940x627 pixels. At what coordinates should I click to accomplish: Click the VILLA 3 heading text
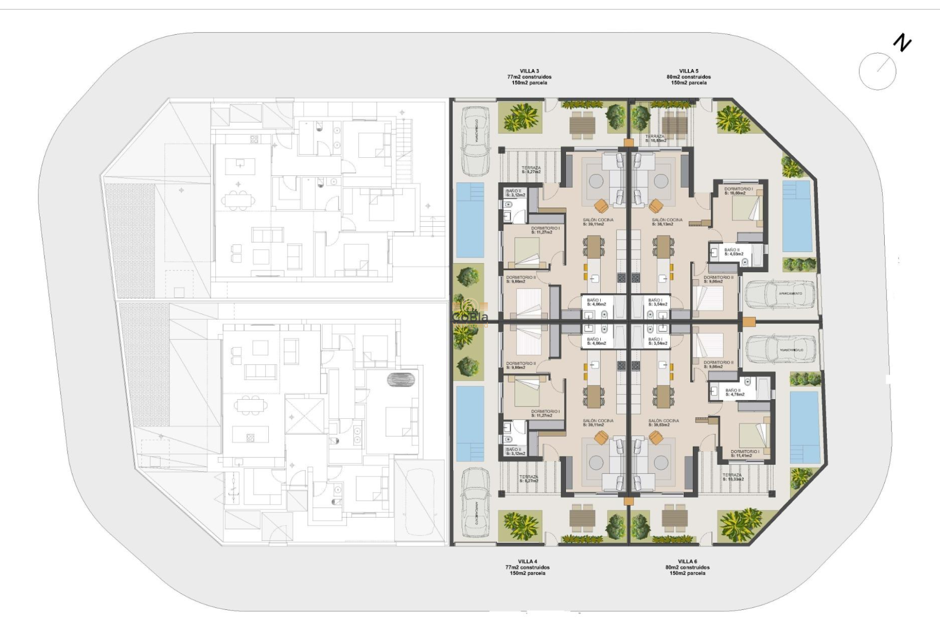529,71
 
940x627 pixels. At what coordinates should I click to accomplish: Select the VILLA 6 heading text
687,561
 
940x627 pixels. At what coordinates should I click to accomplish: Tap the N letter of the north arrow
902,43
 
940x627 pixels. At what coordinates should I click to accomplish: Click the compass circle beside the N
877,71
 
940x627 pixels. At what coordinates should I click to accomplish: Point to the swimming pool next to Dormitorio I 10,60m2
797,216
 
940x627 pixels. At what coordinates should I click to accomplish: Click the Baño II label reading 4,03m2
733,252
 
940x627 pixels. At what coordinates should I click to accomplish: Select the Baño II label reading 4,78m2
734,392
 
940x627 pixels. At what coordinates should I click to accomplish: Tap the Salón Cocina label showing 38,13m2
667,222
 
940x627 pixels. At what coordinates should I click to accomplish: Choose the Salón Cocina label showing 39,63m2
663,423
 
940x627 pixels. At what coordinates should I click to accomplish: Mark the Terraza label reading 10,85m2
656,139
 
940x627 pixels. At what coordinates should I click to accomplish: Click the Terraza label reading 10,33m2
733,477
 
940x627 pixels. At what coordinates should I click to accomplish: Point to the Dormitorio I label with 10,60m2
738,191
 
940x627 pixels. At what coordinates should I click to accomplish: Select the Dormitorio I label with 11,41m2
745,454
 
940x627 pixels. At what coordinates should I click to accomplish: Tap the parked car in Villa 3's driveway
475,141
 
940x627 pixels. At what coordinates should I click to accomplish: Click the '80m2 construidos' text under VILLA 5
688,77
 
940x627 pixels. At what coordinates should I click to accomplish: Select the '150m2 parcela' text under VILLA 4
527,573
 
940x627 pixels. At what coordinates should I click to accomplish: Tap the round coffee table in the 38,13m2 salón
661,181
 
